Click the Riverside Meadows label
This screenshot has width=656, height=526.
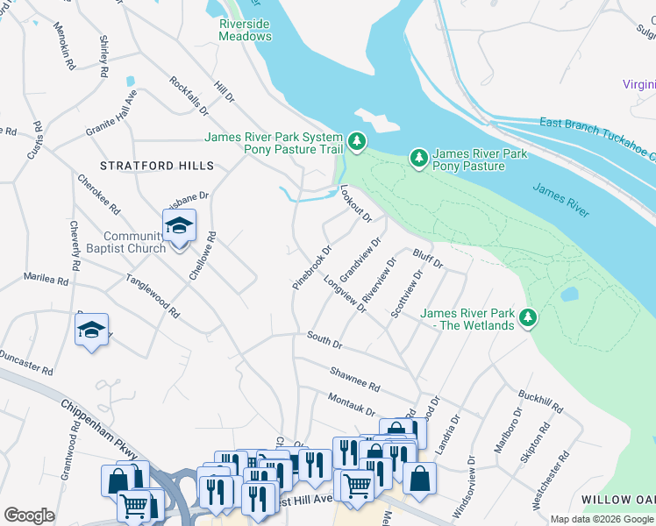(x=246, y=30)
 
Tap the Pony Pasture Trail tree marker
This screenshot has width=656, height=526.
(x=356, y=140)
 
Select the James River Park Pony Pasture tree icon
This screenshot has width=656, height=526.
(x=419, y=158)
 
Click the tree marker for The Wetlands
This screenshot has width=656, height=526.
(x=528, y=317)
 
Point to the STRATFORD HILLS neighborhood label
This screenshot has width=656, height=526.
(x=157, y=166)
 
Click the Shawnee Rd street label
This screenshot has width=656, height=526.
(x=354, y=380)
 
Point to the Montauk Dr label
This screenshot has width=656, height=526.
(x=351, y=405)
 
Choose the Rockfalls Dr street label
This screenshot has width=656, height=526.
(x=190, y=96)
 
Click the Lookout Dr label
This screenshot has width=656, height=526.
(x=356, y=203)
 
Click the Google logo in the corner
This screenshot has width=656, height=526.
(x=30, y=515)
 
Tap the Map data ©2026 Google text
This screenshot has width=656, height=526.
(x=601, y=519)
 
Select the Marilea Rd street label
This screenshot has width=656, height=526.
(x=46, y=280)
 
